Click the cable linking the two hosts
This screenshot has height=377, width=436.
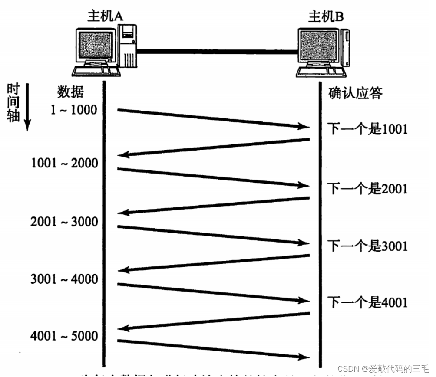pos(217,51)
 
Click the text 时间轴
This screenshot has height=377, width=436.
pos(13,103)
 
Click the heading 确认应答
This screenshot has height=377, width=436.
pos(355,93)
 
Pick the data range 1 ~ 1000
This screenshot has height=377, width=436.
pos(73,110)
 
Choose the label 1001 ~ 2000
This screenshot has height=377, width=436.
pos(64,164)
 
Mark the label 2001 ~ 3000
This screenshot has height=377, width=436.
pos(64,222)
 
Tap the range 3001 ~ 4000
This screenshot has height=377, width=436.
pos(64,279)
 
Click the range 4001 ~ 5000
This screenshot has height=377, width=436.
pos(64,336)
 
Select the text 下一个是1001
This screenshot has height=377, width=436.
pos(367,128)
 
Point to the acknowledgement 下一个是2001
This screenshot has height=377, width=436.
pos(367,189)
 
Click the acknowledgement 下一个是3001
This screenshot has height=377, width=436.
pos(367,246)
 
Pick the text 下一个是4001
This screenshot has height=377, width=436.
pos(367,302)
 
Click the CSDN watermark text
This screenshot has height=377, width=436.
pos(383,369)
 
